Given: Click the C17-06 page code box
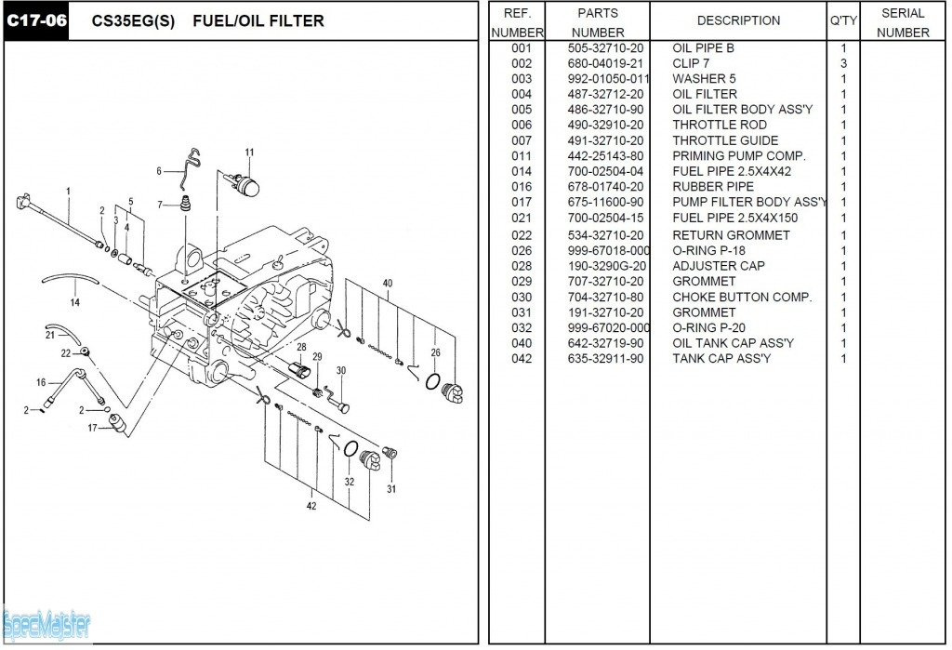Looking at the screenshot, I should (36, 20).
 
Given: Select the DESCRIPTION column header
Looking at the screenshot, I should (738, 20).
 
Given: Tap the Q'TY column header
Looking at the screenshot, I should (843, 20).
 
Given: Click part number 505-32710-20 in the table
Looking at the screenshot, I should (605, 47).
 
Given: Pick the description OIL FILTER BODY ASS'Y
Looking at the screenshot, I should (742, 110).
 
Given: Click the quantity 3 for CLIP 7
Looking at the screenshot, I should (843, 63).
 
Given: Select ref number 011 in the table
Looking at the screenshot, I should (522, 156).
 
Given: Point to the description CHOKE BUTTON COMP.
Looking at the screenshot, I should (742, 298).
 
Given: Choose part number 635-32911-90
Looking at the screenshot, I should (605, 359).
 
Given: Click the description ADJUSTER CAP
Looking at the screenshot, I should (719, 266).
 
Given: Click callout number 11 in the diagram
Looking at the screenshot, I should (249, 153).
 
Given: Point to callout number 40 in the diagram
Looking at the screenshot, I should (387, 284).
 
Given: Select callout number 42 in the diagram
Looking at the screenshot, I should (311, 506).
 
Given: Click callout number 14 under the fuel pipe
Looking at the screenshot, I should (74, 301).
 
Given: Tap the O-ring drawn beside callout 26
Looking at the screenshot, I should (433, 380).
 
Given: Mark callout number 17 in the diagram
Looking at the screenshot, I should (92, 429).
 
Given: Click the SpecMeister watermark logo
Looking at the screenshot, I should (46, 625).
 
